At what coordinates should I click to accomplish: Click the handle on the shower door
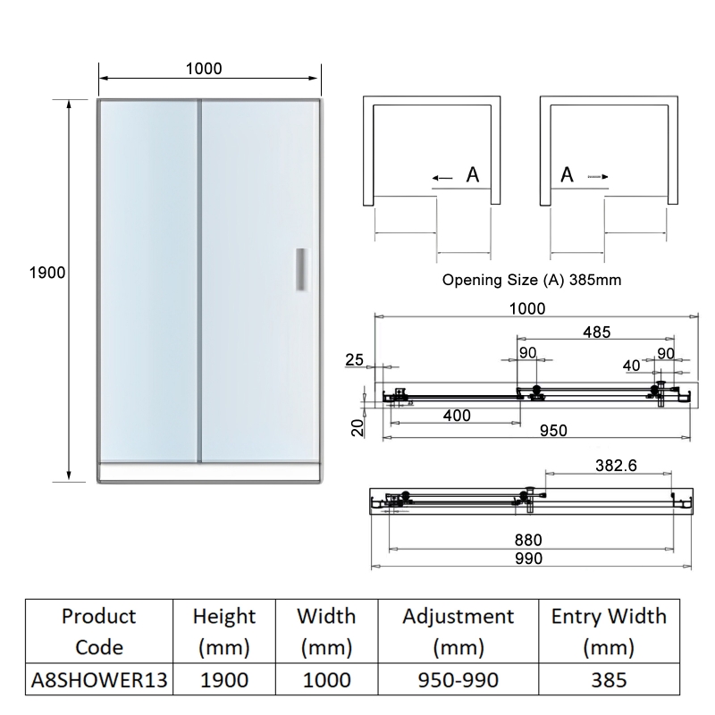(x=301, y=268)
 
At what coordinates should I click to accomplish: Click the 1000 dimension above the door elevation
(x=204, y=69)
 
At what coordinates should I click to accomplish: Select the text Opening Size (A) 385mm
(x=532, y=280)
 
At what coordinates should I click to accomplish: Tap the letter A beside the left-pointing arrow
(x=473, y=176)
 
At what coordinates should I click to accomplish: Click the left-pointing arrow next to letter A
(x=442, y=178)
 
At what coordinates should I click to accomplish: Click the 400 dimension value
(x=457, y=416)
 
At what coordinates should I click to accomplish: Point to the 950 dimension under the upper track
(x=553, y=431)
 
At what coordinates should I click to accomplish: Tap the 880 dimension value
(x=527, y=541)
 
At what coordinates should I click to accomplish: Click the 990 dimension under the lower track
(x=527, y=558)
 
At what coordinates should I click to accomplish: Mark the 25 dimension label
(x=354, y=360)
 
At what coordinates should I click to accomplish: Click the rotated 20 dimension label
(x=357, y=428)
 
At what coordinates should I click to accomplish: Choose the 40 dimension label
(x=631, y=365)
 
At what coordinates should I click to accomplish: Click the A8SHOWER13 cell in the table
(x=98, y=679)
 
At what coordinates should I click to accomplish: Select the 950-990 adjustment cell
(x=458, y=679)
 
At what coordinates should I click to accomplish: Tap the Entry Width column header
(x=608, y=631)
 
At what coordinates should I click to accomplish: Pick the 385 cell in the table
(x=608, y=679)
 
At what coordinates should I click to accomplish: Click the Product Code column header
(x=98, y=631)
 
